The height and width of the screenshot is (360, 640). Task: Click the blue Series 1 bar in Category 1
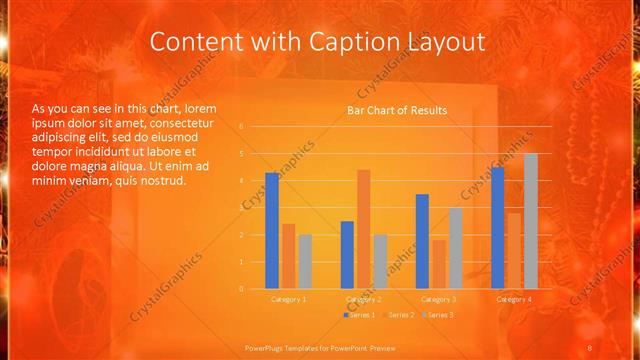point(272,230)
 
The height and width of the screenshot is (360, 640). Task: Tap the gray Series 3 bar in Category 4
point(531,220)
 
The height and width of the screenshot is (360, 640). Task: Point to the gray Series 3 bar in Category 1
point(305,261)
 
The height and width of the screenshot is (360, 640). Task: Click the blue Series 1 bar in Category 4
point(498,227)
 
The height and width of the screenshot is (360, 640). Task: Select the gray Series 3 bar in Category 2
point(380,261)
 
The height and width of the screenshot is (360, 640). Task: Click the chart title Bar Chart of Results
point(397,110)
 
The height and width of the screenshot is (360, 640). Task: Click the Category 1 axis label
point(289,299)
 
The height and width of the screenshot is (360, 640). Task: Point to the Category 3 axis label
point(439,299)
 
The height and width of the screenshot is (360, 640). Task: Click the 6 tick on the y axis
point(241,127)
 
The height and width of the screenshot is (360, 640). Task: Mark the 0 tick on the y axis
point(241,288)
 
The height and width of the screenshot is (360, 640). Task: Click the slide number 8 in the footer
point(590,346)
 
